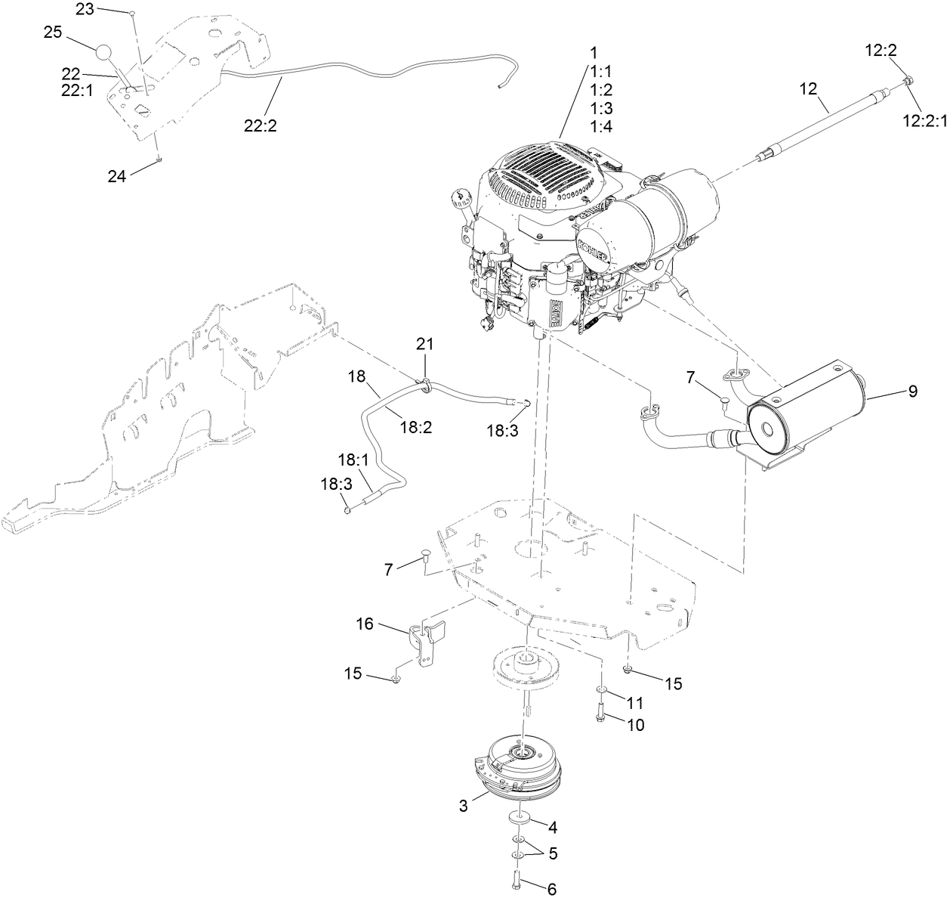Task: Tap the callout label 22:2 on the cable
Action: [261, 125]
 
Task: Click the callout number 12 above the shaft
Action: [808, 88]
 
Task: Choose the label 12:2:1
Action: [922, 119]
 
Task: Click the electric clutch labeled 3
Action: [521, 767]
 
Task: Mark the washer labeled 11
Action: [601, 690]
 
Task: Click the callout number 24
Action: [118, 175]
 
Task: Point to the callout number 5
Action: [553, 853]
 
